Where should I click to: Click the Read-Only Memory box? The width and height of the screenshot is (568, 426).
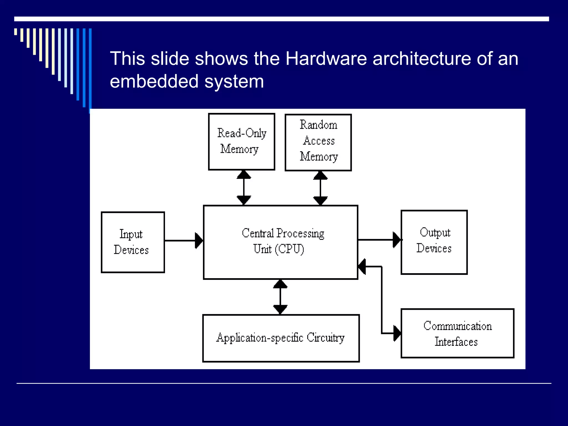point(242,141)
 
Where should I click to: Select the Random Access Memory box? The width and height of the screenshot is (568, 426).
point(318,142)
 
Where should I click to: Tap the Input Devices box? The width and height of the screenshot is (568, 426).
point(133,242)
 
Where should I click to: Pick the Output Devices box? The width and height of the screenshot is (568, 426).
point(434,242)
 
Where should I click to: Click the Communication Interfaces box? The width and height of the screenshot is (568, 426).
point(457,333)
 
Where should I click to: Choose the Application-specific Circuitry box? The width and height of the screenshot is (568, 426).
point(281,338)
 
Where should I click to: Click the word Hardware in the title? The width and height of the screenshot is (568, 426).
point(326,59)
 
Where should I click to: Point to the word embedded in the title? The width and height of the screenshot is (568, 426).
point(154,82)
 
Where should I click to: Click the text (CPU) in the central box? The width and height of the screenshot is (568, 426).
point(290,249)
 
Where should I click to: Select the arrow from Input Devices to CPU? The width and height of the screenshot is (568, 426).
point(183,240)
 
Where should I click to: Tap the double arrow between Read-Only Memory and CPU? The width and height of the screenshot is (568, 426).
point(244,187)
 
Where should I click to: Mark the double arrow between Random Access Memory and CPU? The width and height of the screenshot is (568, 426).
point(320,188)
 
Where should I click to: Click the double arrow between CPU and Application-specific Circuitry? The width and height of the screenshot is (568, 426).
point(280,297)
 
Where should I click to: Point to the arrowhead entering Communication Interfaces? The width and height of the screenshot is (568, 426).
point(397,333)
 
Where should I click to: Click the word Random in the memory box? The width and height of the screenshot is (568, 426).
point(318,125)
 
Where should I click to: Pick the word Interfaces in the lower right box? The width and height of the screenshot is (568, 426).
point(456,342)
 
